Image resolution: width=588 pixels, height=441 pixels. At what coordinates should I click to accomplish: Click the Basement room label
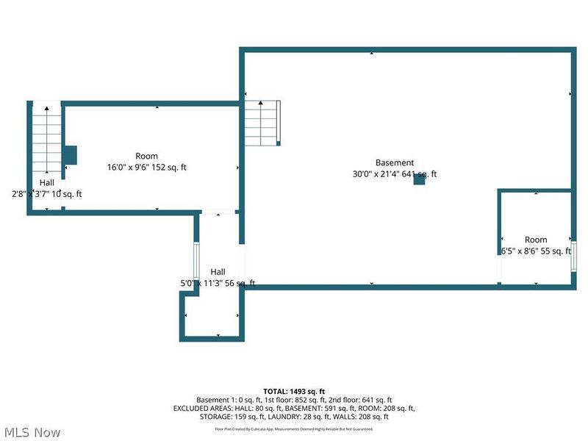click(395, 162)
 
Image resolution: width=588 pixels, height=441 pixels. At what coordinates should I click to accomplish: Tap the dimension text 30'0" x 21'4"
click(379, 174)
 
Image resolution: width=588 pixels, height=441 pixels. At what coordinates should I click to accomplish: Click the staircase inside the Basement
click(263, 122)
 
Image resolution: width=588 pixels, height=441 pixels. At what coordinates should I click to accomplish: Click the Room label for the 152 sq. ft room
click(146, 156)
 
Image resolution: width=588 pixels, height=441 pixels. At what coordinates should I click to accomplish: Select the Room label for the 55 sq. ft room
click(536, 240)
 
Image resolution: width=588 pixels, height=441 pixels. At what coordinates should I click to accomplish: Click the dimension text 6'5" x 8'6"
click(520, 251)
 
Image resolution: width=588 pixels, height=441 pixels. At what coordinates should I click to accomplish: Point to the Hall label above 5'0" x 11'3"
click(218, 271)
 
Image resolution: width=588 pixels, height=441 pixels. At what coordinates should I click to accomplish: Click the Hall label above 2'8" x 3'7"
click(47, 182)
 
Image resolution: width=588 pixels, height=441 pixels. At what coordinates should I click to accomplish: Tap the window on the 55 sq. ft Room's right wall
click(573, 255)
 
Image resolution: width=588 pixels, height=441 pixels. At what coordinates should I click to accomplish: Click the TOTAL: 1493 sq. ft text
click(294, 390)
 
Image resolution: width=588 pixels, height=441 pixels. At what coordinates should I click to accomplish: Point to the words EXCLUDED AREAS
click(200, 408)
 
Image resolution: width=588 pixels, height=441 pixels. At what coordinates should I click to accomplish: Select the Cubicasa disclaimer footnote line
click(294, 429)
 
